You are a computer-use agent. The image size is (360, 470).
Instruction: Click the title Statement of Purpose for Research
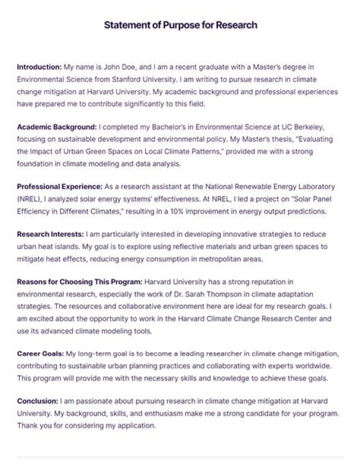click(x=180, y=25)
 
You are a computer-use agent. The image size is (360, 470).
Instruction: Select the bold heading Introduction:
click(x=39, y=66)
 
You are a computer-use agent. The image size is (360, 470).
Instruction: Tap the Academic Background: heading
click(x=56, y=126)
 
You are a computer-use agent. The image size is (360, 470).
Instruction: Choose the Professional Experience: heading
click(x=59, y=186)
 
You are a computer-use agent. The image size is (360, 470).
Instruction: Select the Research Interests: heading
click(x=50, y=234)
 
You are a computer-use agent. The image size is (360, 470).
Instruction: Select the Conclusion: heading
click(x=37, y=401)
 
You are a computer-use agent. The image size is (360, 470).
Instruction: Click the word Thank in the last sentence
click(x=27, y=426)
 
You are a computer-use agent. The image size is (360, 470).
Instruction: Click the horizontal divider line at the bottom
click(x=180, y=456)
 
